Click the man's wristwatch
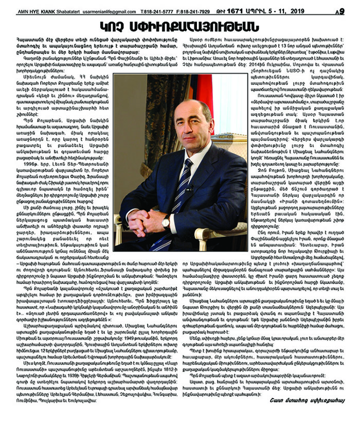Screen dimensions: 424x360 (166, 223)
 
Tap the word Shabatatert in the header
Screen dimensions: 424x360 (69, 11)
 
